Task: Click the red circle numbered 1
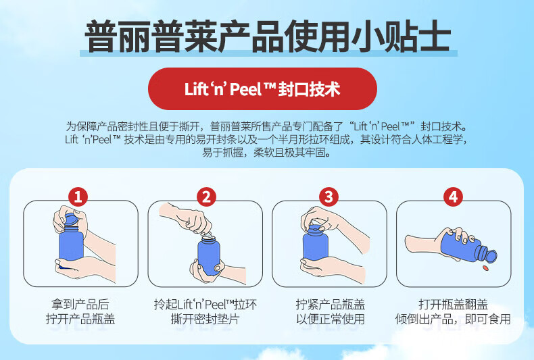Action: (x=78, y=197)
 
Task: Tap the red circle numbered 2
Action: (x=206, y=197)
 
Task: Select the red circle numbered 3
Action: (x=329, y=197)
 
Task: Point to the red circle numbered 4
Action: (x=454, y=197)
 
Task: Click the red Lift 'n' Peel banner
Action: (x=262, y=88)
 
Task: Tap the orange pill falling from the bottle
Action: (x=486, y=268)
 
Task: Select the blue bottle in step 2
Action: (x=208, y=254)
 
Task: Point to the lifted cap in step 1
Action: (x=71, y=220)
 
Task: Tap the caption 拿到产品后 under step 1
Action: (x=80, y=304)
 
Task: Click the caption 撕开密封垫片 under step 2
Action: (x=205, y=319)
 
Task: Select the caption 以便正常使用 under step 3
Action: (x=331, y=319)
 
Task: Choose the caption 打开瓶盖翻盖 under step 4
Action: (x=453, y=304)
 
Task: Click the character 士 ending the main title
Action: (x=433, y=36)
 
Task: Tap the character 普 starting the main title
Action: (x=101, y=36)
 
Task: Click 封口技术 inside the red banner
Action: (x=309, y=89)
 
